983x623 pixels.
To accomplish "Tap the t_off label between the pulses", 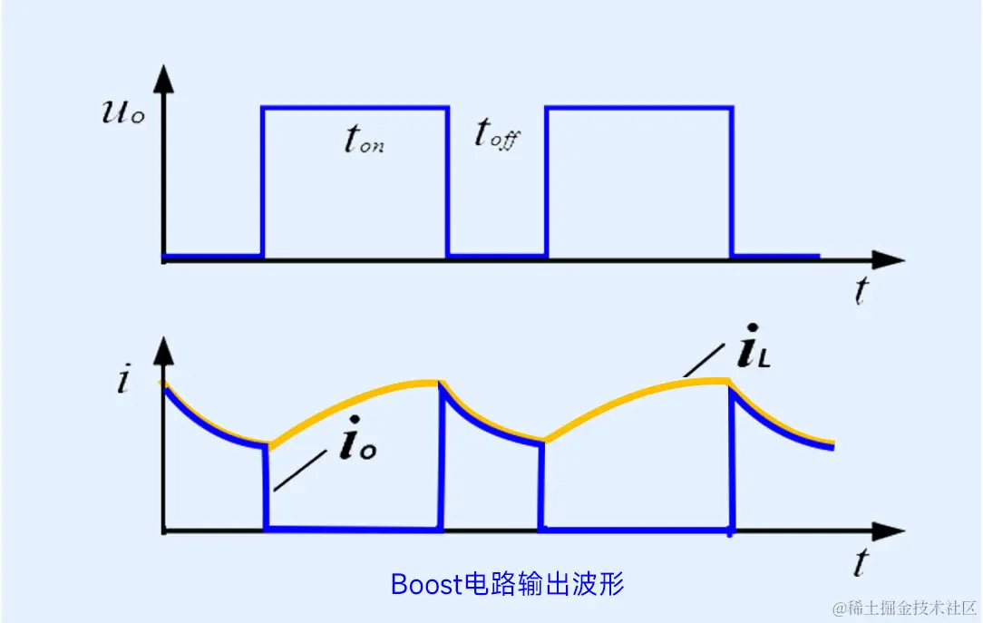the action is click(x=498, y=135).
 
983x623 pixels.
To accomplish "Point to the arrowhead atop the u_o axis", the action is click(x=163, y=80).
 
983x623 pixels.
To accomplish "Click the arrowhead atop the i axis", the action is click(x=163, y=349).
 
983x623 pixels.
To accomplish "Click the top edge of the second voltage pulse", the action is click(x=638, y=109).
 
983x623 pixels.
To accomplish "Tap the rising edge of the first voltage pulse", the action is click(x=262, y=181).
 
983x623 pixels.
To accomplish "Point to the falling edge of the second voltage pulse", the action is click(x=732, y=181).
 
